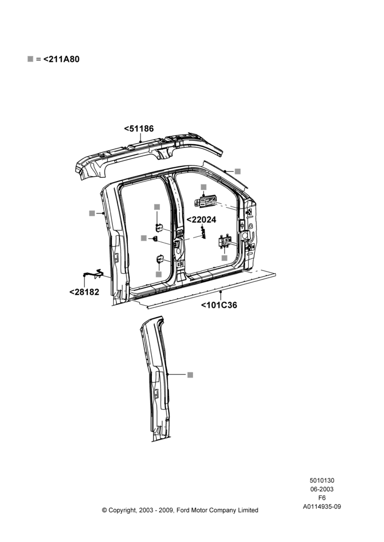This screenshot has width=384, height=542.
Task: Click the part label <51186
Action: tap(139, 128)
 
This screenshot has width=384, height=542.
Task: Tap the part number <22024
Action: tap(201, 220)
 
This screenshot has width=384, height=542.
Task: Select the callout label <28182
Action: tap(84, 292)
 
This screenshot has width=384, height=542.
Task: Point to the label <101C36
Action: tap(219, 305)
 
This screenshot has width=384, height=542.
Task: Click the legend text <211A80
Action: tap(61, 59)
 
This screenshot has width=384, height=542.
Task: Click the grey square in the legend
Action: tap(30, 59)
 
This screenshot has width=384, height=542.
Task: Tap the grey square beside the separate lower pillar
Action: tap(190, 375)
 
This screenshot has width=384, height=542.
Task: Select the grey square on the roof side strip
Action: tap(238, 171)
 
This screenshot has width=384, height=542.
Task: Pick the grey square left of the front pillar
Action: tap(92, 213)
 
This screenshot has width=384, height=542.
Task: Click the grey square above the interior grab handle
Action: tap(203, 187)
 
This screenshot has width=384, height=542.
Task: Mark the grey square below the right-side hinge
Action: tap(225, 258)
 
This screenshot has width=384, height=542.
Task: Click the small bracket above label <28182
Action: tap(93, 273)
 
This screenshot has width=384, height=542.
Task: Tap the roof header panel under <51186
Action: tap(149, 155)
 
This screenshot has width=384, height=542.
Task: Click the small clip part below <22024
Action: tap(203, 234)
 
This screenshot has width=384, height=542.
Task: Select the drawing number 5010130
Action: tap(322, 480)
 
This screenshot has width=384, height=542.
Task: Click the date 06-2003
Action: tap(322, 489)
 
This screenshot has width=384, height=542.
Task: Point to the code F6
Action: tap(322, 498)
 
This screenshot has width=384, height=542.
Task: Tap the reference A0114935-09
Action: tap(322, 507)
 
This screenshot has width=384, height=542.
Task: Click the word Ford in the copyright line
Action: tap(184, 510)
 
